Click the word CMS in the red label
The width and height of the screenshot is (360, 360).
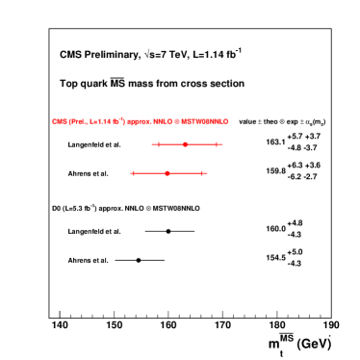click(59, 121)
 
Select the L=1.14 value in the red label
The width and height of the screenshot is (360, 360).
click(101, 121)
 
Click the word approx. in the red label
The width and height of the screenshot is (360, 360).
click(139, 121)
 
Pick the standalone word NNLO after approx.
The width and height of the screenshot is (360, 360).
click(163, 121)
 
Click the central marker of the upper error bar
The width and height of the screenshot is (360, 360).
click(185, 144)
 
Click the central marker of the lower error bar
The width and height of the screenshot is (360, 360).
click(167, 173)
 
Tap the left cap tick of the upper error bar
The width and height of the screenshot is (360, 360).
click(158, 144)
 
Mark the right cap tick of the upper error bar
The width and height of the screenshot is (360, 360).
click(217, 144)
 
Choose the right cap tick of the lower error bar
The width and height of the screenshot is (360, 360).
click(201, 173)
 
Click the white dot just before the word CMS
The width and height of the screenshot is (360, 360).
click(43, 121)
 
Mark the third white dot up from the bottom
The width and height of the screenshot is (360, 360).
click(43, 208)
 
